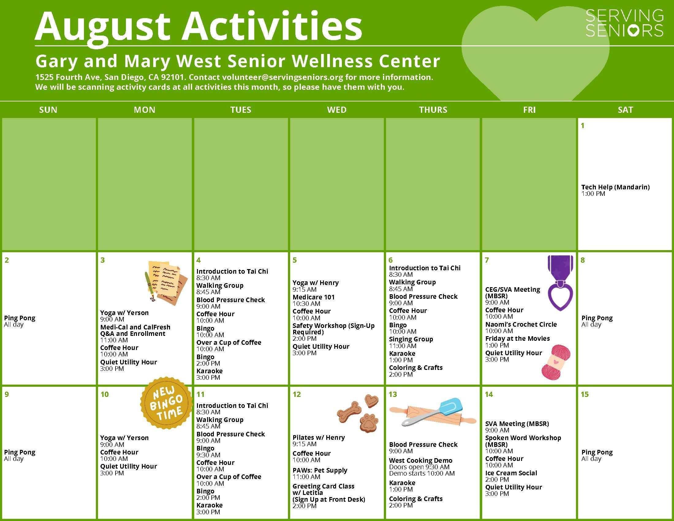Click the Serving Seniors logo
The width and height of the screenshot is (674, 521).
pos(624,23)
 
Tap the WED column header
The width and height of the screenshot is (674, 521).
pos(337,110)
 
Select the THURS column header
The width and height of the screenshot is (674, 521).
pos(433,110)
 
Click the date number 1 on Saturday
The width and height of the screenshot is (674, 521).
pos(583,126)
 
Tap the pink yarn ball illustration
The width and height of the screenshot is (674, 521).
pos(556,362)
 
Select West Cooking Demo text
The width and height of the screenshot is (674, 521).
pos(421,461)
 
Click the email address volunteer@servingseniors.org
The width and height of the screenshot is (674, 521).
pos(283,77)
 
